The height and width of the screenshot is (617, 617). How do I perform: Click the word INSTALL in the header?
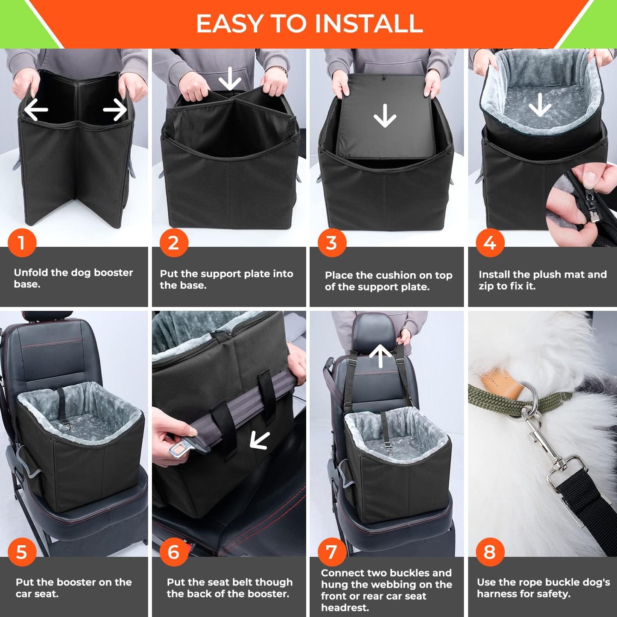point(368,23)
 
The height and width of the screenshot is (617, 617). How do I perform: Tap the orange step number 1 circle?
point(22,243)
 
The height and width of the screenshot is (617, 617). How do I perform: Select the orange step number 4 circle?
point(490,243)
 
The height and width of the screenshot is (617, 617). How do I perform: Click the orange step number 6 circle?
point(174,552)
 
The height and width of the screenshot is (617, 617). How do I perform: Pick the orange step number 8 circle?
point(490,552)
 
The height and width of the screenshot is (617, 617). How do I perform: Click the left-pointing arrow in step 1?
point(36,110)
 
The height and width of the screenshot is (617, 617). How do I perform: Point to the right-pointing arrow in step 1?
point(115,110)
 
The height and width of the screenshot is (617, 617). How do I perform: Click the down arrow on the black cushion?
point(385,115)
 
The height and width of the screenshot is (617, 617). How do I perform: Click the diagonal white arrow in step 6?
point(260,440)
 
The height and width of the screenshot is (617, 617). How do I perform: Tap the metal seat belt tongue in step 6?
point(181,450)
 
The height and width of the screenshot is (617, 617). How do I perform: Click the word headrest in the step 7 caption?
point(345,607)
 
